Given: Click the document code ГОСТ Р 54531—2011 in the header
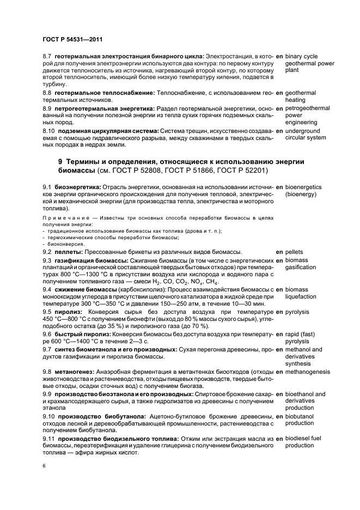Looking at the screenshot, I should [x=72, y=39].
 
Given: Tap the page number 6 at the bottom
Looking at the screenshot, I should [x=44, y=466].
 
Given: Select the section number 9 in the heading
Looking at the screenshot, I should [x=60, y=162].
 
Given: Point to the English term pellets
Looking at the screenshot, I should [x=296, y=252].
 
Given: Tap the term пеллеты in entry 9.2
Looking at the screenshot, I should [x=69, y=252].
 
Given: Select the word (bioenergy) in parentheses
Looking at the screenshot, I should [x=301, y=194].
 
